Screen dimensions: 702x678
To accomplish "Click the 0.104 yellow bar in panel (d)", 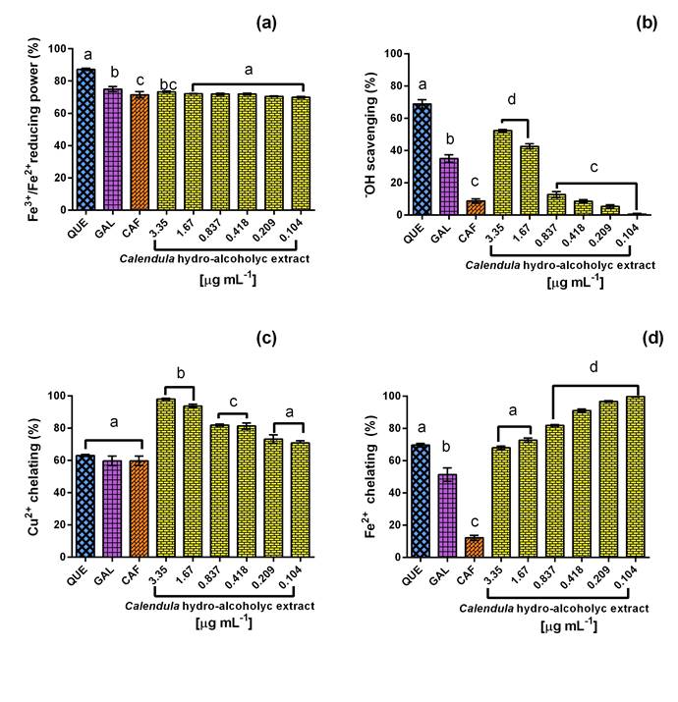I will [x=636, y=477].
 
